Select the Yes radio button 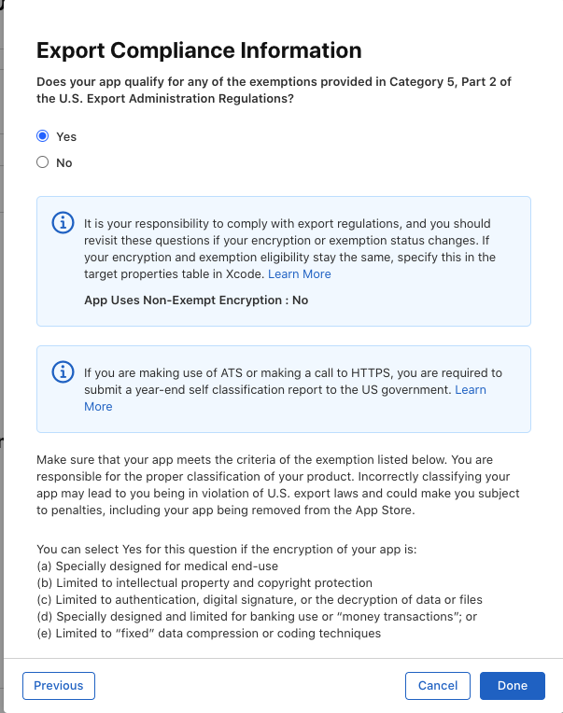click(42, 136)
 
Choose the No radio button click(42, 162)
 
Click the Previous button click(59, 685)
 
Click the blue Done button click(513, 685)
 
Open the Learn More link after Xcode click(300, 274)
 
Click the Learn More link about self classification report click(470, 390)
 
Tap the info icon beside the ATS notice click(62, 371)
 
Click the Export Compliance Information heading click(198, 50)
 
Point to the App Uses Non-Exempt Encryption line click(196, 301)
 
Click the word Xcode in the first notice click(246, 274)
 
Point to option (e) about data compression click(208, 633)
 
